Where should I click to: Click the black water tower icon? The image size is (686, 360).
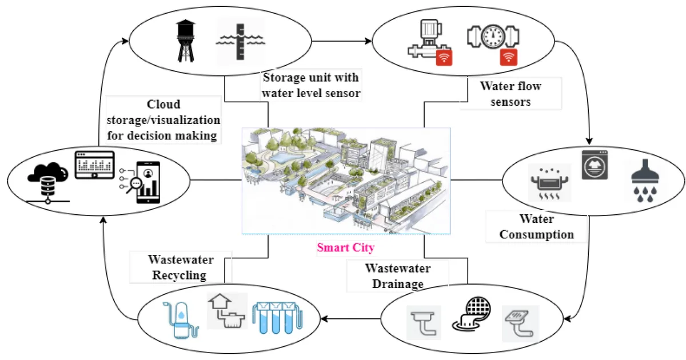tap(186, 41)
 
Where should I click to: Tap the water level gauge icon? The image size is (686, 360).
tap(241, 42)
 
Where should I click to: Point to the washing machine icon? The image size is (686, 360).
tap(595, 165)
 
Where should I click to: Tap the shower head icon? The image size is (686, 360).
tap(645, 181)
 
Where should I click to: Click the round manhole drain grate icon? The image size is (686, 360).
tap(472, 314)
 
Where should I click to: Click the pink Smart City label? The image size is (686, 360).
tap(346, 247)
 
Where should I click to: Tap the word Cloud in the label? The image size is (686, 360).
tap(163, 104)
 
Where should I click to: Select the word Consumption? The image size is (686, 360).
tap(537, 234)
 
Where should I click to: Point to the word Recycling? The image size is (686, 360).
tap(179, 275)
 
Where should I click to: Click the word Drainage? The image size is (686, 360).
tap(398, 284)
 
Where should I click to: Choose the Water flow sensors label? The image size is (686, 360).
tap(510, 94)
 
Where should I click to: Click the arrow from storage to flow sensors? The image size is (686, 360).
tap(341, 41)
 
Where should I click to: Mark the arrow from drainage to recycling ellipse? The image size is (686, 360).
tap(350, 319)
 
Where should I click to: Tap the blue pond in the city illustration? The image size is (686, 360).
tap(281, 158)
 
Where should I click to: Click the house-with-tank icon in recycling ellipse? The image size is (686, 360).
tap(227, 311)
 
